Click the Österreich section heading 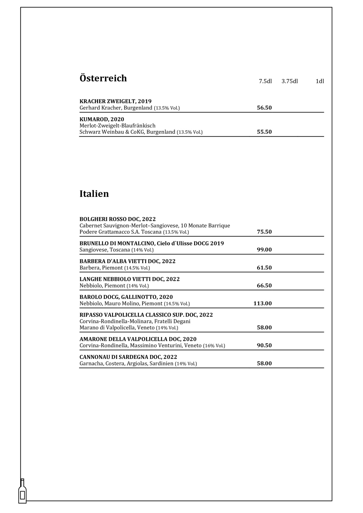tap(103, 78)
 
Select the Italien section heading tap(94, 194)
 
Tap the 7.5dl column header tap(265, 81)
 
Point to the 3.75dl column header tap(290, 81)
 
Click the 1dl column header tap(320, 81)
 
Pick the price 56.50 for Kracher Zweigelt tap(264, 108)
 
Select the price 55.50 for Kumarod tap(264, 132)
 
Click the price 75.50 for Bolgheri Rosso tap(264, 232)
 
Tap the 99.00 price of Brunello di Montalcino tap(264, 250)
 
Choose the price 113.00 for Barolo tap(263, 303)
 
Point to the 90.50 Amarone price tap(264, 345)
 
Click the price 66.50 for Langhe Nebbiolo tap(264, 286)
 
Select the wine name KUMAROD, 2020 tap(102, 119)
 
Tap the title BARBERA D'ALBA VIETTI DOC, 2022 tap(127, 261)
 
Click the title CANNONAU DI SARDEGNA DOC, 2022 tap(128, 357)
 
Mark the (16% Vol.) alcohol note tap(214, 346)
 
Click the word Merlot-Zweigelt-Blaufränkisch tap(117, 126)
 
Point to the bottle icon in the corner tap(22, 491)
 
